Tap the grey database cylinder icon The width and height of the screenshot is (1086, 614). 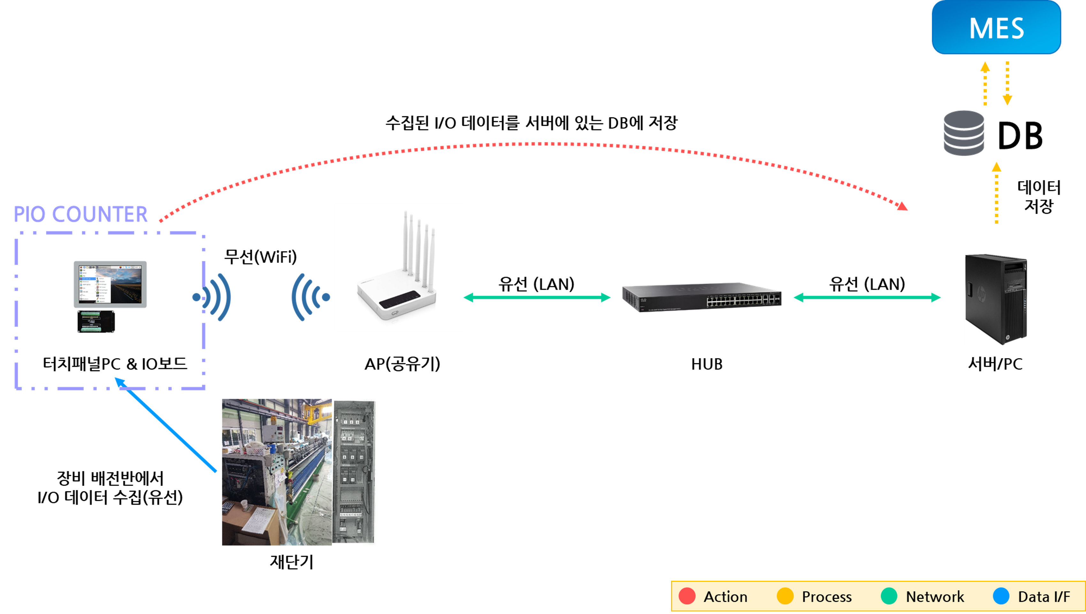click(x=964, y=133)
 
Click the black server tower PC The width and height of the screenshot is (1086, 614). click(x=996, y=299)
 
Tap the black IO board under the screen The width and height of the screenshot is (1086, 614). click(x=96, y=322)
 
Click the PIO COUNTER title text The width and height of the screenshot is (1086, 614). click(x=80, y=214)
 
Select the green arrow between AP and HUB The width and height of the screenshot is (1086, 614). click(x=537, y=298)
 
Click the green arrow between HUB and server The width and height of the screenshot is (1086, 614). click(x=867, y=298)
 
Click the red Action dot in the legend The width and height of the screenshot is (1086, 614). click(x=687, y=596)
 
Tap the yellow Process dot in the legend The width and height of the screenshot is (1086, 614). click(x=785, y=596)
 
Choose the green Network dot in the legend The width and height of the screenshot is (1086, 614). click(x=889, y=596)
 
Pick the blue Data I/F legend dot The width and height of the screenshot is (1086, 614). click(x=1001, y=596)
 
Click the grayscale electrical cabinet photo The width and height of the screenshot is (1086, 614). click(x=354, y=472)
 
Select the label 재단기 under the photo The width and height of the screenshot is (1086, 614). click(x=292, y=562)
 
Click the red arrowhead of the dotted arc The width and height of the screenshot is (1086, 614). click(x=902, y=206)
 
